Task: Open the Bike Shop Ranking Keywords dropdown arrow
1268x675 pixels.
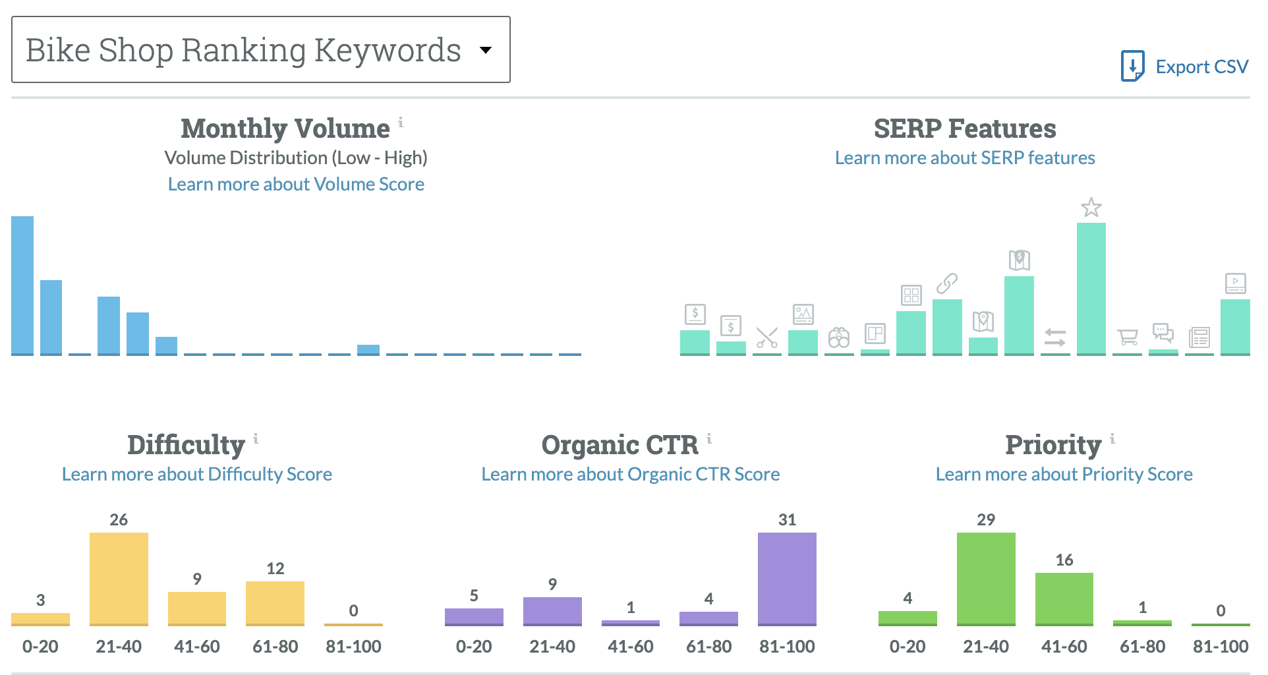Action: [x=486, y=50]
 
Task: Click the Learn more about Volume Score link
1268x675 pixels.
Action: [x=296, y=184]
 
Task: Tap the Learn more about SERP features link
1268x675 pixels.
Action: [x=964, y=158]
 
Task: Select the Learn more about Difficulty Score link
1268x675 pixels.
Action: [x=196, y=474]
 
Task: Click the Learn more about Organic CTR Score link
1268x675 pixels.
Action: [x=630, y=474]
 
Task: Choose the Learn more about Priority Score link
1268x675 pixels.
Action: [x=1064, y=474]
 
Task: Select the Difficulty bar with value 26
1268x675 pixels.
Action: [x=119, y=578]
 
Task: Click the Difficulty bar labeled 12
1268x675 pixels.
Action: [x=275, y=602]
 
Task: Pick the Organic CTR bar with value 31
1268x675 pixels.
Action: [x=787, y=578]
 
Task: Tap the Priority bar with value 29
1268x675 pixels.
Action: [x=986, y=578]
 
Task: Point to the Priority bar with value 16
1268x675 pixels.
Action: [x=1064, y=598]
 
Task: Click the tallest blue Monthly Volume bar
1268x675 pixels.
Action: [x=22, y=285]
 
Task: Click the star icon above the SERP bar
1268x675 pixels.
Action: [x=1091, y=208]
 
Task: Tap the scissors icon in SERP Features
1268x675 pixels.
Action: [x=767, y=337]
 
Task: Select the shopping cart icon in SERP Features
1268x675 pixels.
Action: [x=1128, y=337]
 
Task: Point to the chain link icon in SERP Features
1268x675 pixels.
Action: [x=947, y=283]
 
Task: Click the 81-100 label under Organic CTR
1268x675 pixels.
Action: [x=787, y=646]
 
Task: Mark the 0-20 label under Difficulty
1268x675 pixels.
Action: [x=40, y=646]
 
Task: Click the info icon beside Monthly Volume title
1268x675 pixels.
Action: [x=401, y=122]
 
